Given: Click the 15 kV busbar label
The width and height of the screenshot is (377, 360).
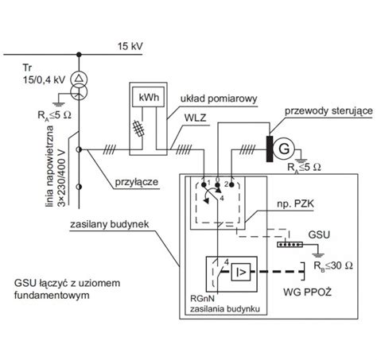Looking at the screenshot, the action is tap(130, 46).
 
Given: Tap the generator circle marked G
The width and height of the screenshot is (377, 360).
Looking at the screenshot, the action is tap(284, 149).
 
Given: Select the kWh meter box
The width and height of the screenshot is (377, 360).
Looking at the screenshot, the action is tap(148, 97).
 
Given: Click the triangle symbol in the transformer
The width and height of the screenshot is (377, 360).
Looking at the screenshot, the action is tap(79, 78).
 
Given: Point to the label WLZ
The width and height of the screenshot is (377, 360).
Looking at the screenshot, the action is tap(195, 118).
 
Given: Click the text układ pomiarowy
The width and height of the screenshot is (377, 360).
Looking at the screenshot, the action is tap(219, 99).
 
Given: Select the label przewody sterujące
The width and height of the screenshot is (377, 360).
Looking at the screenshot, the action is tap(328, 110).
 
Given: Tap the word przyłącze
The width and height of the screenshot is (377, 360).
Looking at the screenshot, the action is tap(136, 182).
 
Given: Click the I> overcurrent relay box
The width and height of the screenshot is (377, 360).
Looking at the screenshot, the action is tap(241, 272).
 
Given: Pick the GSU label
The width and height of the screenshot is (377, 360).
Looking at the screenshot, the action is tap(319, 234).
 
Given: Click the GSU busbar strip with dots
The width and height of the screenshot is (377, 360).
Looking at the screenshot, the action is tap(290, 245).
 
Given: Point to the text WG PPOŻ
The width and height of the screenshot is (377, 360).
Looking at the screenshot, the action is tap(308, 292).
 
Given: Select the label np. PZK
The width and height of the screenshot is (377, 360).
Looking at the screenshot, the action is tap(295, 203).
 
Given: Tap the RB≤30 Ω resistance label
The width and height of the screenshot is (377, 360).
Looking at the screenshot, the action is tap(333, 265).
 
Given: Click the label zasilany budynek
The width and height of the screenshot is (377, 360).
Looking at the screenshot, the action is tap(110, 224).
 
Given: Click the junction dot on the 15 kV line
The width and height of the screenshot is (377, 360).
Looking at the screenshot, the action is tap(79, 55).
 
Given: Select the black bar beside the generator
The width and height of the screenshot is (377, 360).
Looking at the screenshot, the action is tap(270, 149).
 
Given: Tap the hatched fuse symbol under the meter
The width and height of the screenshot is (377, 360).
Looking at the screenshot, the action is tap(139, 128).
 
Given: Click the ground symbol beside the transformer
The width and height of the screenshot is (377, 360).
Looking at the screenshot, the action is tap(59, 104).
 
